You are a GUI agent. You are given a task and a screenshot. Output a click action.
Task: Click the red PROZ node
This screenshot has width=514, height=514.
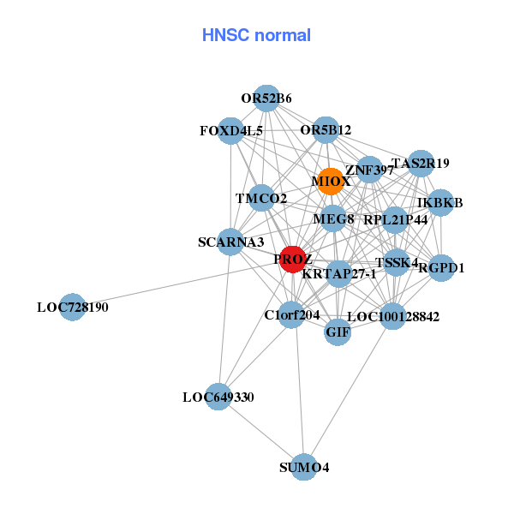[x=293, y=259]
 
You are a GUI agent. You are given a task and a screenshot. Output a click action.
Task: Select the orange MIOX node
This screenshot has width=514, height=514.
[x=330, y=182]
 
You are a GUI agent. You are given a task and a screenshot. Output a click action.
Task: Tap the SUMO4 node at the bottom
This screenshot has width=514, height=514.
[x=304, y=467]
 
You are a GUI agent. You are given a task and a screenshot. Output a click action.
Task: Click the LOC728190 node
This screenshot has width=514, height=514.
[x=73, y=307]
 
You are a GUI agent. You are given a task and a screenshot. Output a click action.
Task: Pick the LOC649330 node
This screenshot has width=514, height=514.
[x=218, y=397]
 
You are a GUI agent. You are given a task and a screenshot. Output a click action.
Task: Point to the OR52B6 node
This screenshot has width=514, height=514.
[x=266, y=99]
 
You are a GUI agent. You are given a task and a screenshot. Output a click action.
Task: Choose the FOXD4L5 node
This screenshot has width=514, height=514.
[x=230, y=131]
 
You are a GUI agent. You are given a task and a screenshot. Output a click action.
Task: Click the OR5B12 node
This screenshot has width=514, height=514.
[x=326, y=130]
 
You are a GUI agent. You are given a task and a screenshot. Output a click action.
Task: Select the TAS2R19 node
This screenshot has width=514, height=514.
[x=420, y=163]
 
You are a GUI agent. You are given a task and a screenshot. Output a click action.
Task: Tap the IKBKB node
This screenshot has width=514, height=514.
[x=440, y=203]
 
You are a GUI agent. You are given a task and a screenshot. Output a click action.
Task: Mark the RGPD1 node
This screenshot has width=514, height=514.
[x=441, y=267]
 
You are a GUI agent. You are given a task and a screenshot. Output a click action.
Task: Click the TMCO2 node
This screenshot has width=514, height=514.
[x=261, y=199]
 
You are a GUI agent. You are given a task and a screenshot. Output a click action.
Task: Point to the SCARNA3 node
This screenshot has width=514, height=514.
[x=230, y=242]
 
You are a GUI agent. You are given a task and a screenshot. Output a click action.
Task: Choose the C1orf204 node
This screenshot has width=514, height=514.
[x=292, y=314]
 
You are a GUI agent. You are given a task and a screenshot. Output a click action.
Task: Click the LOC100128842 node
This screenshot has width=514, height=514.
[x=392, y=316]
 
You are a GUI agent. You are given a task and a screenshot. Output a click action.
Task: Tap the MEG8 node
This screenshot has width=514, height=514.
[x=333, y=219]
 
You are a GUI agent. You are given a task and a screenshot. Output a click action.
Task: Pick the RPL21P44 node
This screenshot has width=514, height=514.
[x=395, y=220]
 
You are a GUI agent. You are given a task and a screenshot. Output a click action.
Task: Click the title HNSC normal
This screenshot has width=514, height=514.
[x=256, y=35]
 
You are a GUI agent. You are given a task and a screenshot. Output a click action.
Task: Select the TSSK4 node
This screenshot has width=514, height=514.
[x=397, y=262]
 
